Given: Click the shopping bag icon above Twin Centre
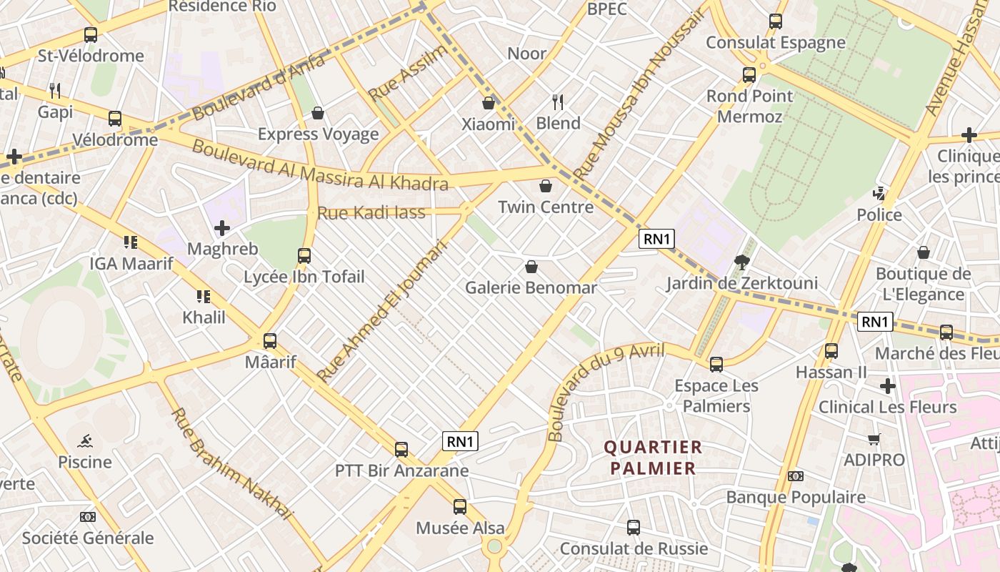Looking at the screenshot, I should click(x=546, y=186).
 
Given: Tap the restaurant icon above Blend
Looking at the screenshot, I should click(x=558, y=102).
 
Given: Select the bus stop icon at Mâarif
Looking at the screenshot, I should click(x=270, y=341).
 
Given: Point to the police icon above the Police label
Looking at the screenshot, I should click(x=879, y=194).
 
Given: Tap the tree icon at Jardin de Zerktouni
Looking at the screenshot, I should click(x=741, y=262).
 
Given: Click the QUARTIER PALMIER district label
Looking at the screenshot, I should click(x=653, y=458).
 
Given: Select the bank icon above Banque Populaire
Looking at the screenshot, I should click(x=795, y=476).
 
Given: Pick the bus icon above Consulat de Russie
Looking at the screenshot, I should click(x=633, y=528).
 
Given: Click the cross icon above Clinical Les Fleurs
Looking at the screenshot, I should click(x=887, y=386).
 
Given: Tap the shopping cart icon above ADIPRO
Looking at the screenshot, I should click(x=874, y=439).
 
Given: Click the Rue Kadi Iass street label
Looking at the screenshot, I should click(x=371, y=212).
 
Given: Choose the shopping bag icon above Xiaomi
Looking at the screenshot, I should click(x=489, y=103).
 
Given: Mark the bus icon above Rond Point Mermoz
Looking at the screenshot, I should click(x=749, y=74).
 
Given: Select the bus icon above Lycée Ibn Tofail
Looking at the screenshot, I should click(x=304, y=255).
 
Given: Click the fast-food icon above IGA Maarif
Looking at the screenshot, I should click(x=130, y=242).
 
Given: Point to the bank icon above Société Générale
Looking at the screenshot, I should click(x=87, y=516).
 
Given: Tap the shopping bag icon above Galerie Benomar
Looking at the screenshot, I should click(x=531, y=267).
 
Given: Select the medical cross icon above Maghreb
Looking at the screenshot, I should click(x=222, y=228).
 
